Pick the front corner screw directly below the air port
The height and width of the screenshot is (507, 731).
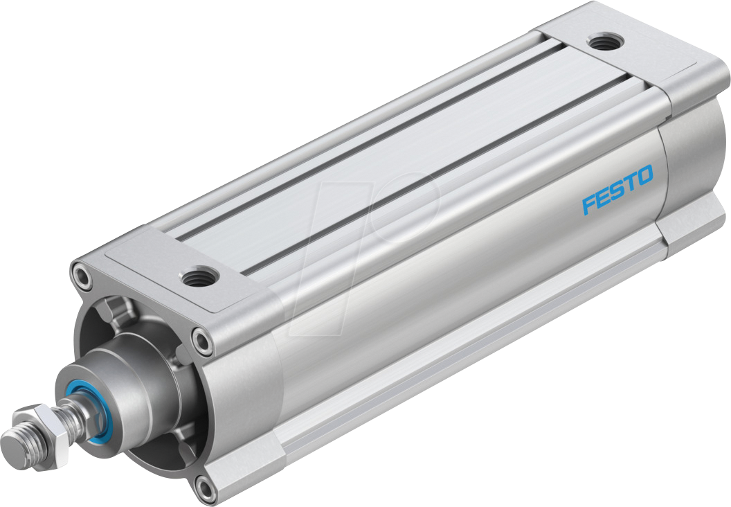pos(202,340)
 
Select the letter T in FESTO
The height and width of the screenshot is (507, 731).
pos(630,182)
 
